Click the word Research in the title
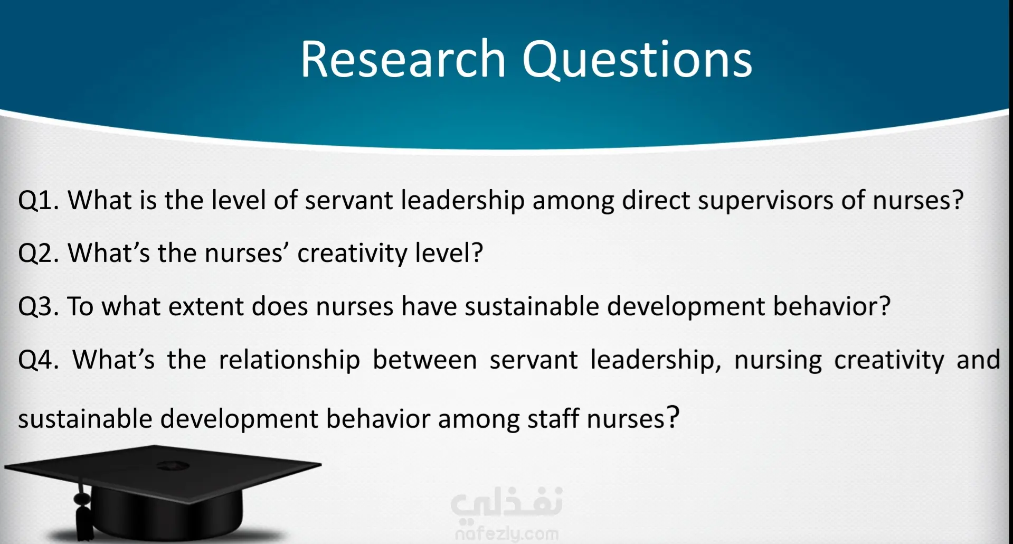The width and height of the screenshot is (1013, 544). tap(403, 59)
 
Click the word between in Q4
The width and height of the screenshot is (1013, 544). tap(425, 360)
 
